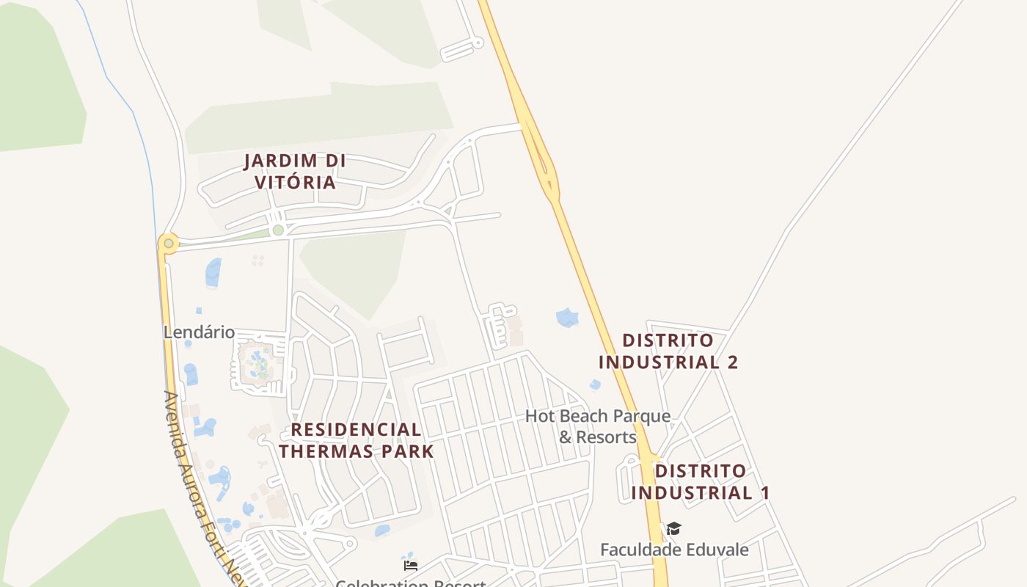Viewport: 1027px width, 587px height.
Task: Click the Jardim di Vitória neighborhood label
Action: [x=295, y=171]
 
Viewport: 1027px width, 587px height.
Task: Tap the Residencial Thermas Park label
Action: [x=357, y=440]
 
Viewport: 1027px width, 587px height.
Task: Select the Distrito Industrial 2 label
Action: [x=668, y=351]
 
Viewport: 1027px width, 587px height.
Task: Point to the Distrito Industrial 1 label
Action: [x=700, y=481]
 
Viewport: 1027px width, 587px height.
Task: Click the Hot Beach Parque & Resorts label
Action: [x=597, y=426]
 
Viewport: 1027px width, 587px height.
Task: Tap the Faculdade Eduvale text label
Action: [x=674, y=550]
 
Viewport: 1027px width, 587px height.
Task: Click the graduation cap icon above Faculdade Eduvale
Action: [x=673, y=528]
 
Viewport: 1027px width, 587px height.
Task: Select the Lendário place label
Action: [x=199, y=332]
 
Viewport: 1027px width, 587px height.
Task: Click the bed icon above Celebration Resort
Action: [x=411, y=566]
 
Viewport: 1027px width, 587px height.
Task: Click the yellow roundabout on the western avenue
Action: [x=169, y=243]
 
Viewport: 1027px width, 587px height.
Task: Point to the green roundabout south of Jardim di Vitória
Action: [x=277, y=230]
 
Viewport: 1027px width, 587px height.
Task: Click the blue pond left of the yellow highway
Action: [x=567, y=318]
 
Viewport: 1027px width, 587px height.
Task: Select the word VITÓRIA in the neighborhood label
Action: [x=295, y=182]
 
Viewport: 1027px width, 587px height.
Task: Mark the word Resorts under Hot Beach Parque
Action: [x=598, y=437]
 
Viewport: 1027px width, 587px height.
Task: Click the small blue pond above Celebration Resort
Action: [x=382, y=530]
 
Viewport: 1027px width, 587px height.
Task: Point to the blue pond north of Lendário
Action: [x=213, y=272]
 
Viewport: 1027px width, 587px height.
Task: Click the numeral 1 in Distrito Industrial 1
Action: [x=764, y=492]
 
